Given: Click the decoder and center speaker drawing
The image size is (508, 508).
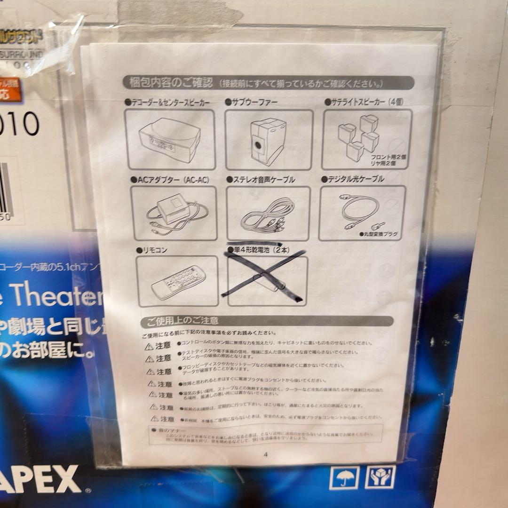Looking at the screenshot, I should click(x=170, y=140).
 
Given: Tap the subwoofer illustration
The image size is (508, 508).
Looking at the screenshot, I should click(x=269, y=140).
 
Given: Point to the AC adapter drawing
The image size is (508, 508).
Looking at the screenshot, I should click(x=174, y=213).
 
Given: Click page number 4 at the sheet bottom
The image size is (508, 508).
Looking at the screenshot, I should click(x=266, y=454).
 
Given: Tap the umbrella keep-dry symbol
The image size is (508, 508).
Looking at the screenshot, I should click(x=344, y=478).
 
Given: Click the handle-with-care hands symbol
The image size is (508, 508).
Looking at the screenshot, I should click(x=380, y=477).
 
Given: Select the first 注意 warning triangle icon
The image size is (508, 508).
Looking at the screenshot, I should click(x=149, y=347).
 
